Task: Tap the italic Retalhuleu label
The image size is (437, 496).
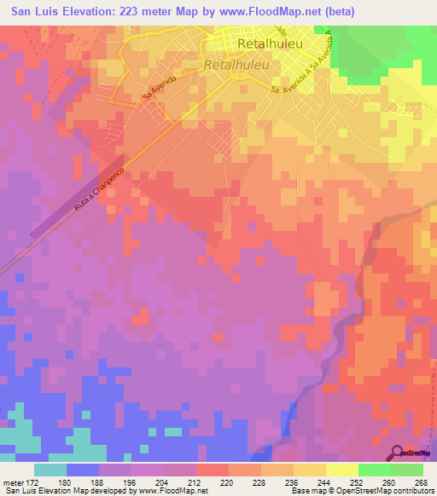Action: pyautogui.click(x=236, y=64)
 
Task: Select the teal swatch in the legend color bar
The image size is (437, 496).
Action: pyautogui.click(x=50, y=470)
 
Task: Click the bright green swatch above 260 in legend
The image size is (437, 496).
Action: pyautogui.click(x=375, y=470)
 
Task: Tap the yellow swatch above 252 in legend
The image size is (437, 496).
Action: pyautogui.click(x=342, y=470)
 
